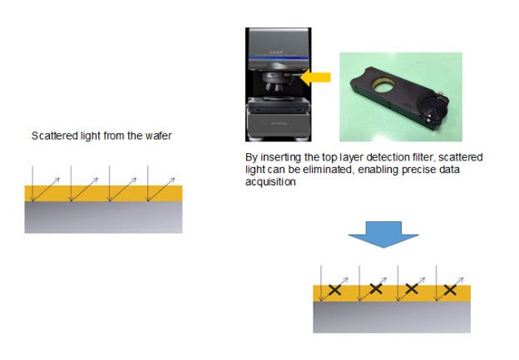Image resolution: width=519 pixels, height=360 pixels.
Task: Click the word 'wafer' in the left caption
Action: click(157, 136)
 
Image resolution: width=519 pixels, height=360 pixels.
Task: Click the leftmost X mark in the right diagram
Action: click(334, 289)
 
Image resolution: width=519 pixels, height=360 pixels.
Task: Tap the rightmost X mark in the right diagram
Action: click(450, 289)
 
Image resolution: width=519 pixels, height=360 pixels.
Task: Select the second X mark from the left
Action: click(375, 289)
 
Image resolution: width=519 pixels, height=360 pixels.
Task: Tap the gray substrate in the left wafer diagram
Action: click(103, 218)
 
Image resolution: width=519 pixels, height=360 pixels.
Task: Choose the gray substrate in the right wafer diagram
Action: click(392, 316)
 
